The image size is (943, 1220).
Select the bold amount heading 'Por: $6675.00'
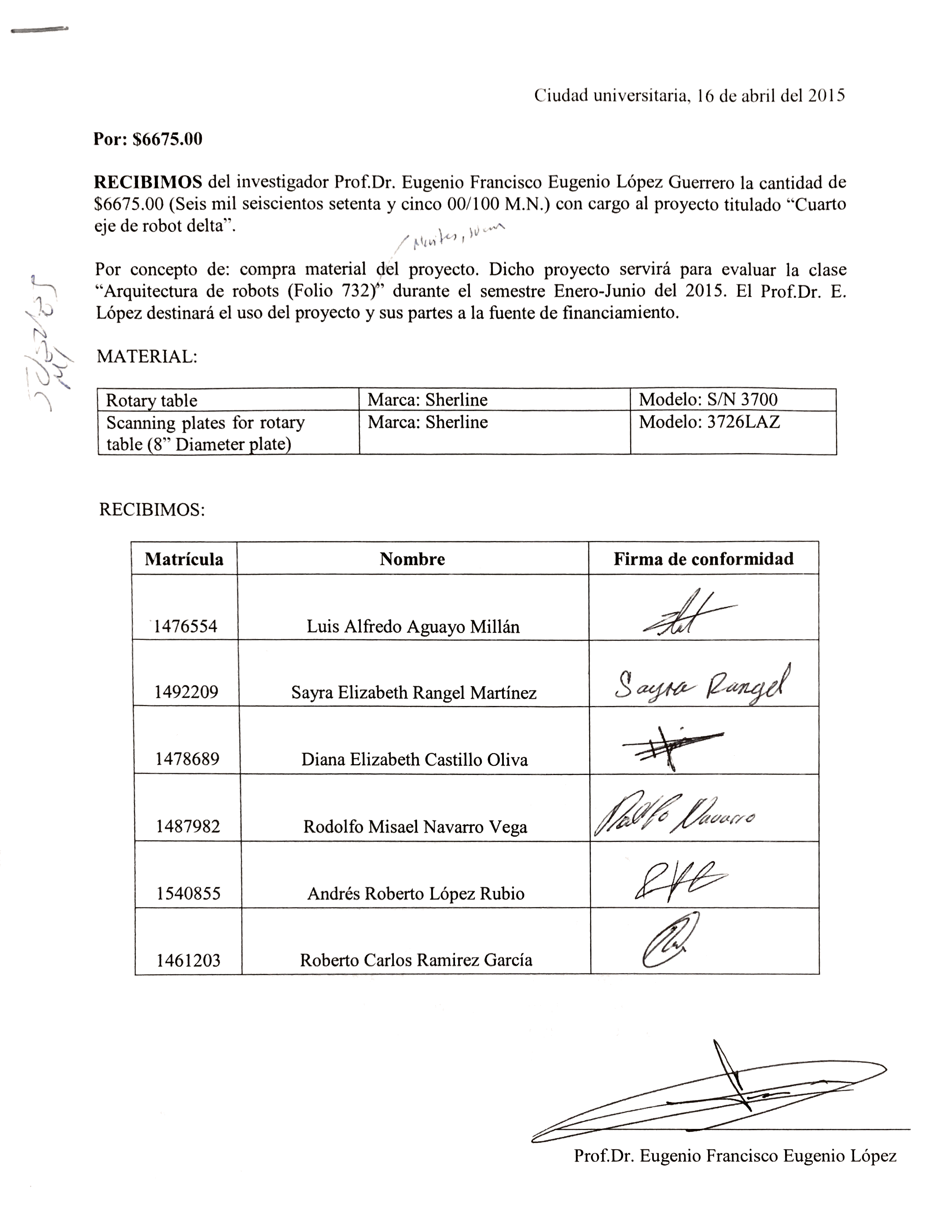click(147, 139)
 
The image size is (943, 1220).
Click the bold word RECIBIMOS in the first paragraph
click(148, 182)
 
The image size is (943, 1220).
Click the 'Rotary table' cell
click(151, 400)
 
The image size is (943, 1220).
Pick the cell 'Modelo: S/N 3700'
click(708, 400)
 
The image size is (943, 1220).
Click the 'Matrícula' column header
click(184, 559)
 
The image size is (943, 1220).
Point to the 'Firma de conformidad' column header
click(703, 559)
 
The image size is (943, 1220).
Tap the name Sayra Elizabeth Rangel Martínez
click(413, 693)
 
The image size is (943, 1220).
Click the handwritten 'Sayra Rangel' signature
click(703, 685)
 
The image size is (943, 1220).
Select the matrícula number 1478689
click(187, 759)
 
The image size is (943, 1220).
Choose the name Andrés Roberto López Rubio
click(416, 893)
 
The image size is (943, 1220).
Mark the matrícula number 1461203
click(188, 960)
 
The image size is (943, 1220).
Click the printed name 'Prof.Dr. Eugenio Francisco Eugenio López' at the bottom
click(734, 1155)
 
